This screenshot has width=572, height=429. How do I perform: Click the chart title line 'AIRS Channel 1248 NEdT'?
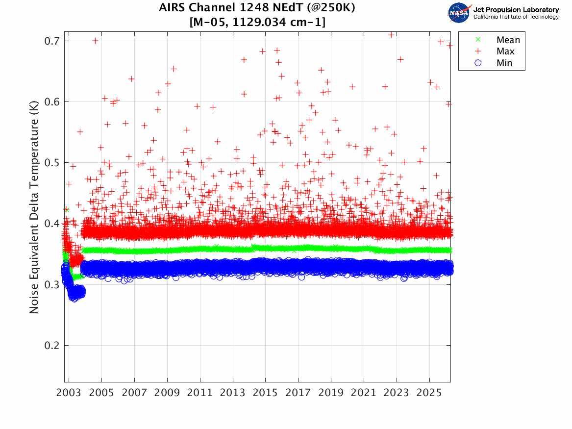pyautogui.click(x=257, y=8)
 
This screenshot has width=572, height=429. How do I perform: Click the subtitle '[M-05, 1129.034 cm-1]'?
pyautogui.click(x=257, y=22)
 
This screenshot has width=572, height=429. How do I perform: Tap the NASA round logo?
pyautogui.click(x=459, y=13)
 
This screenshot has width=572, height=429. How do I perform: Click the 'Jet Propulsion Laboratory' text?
pyautogui.click(x=516, y=10)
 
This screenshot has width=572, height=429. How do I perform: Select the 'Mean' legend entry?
pyautogui.click(x=508, y=40)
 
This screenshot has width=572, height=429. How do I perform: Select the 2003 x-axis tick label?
pyautogui.click(x=69, y=393)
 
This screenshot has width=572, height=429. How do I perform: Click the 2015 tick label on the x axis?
pyautogui.click(x=266, y=393)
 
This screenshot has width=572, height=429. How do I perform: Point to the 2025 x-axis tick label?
pyautogui.click(x=429, y=393)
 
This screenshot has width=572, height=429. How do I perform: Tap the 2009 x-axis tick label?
pyautogui.click(x=167, y=393)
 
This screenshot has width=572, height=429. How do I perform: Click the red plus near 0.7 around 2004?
pyautogui.click(x=95, y=41)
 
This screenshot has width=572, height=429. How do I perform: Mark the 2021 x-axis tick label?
pyautogui.click(x=364, y=393)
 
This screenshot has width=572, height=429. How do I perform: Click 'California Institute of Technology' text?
pyautogui.click(x=516, y=17)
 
